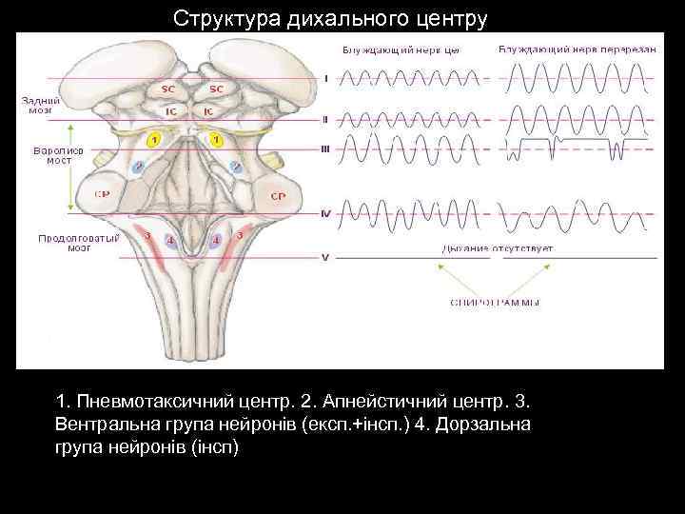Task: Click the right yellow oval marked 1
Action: click(x=217, y=140)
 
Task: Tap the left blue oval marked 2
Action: click(x=139, y=167)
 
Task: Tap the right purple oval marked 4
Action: click(x=217, y=242)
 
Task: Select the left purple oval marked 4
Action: click(x=170, y=242)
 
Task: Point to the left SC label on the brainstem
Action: click(x=167, y=89)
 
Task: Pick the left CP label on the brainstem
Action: click(x=102, y=195)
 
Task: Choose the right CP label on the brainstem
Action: click(x=279, y=196)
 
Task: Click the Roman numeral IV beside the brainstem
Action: click(x=325, y=213)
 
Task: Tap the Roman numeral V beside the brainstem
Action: click(x=325, y=257)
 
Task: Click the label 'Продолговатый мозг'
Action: click(x=78, y=243)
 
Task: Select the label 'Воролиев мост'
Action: click(x=59, y=155)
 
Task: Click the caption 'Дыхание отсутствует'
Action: click(x=497, y=247)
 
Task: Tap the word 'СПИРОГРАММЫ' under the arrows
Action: click(x=495, y=302)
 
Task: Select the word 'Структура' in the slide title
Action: click(x=218, y=18)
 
